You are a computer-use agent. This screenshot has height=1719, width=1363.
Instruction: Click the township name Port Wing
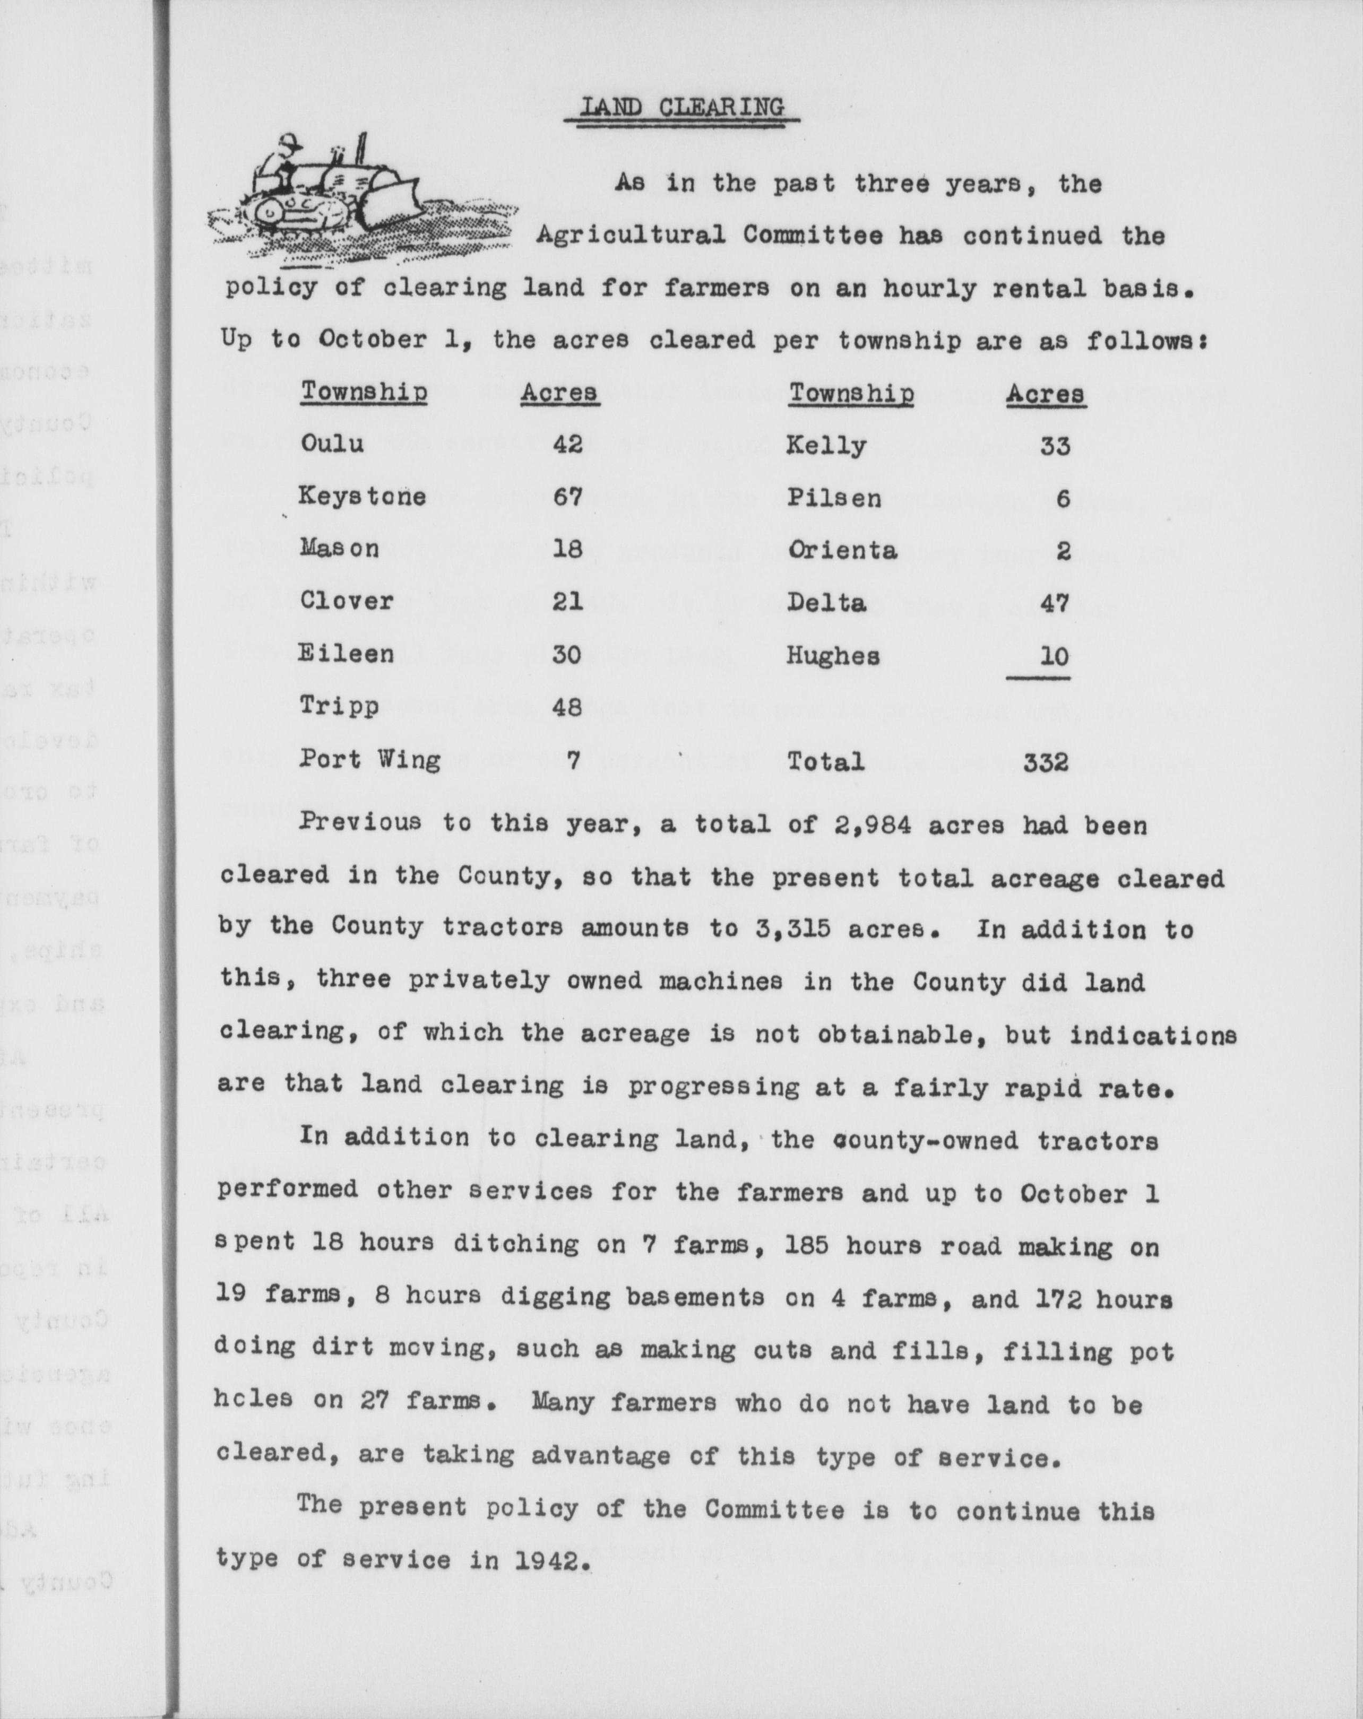pyautogui.click(x=369, y=759)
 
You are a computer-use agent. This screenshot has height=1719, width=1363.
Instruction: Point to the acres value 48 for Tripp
pyautogui.click(x=567, y=706)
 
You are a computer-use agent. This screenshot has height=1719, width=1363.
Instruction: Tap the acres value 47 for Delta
pyautogui.click(x=1054, y=603)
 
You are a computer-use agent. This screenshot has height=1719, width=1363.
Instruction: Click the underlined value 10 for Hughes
pyautogui.click(x=1054, y=656)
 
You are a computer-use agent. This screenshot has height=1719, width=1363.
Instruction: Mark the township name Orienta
pyautogui.click(x=841, y=550)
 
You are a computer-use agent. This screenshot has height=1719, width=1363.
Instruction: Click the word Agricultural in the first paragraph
pyautogui.click(x=629, y=236)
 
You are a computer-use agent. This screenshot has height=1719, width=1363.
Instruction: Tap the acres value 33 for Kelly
pyautogui.click(x=1054, y=445)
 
